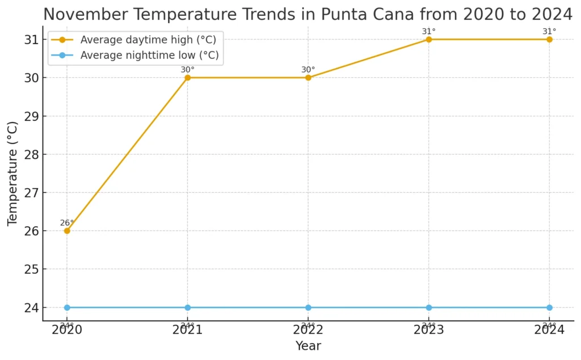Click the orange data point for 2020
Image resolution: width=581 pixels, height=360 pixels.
click(x=67, y=231)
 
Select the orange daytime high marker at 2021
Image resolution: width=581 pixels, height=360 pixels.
click(x=188, y=78)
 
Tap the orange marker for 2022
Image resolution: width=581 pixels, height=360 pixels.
click(x=308, y=78)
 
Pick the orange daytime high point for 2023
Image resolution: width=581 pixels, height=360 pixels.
click(x=429, y=39)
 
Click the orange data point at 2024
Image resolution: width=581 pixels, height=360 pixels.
click(x=549, y=39)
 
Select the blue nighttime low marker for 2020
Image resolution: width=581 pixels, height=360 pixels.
click(x=67, y=307)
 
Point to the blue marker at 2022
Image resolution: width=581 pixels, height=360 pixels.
click(x=308, y=307)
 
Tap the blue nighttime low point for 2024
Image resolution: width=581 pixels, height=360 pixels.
click(x=549, y=307)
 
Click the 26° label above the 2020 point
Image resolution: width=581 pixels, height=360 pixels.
click(x=67, y=223)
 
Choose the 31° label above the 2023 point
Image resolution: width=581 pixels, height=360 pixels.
click(x=429, y=31)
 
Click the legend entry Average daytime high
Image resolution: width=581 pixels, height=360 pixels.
click(x=148, y=40)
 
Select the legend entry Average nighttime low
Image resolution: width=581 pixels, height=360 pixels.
click(x=149, y=56)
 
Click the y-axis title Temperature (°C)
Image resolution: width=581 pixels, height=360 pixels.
click(x=12, y=173)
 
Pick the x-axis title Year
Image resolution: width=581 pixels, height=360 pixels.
click(x=308, y=346)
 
